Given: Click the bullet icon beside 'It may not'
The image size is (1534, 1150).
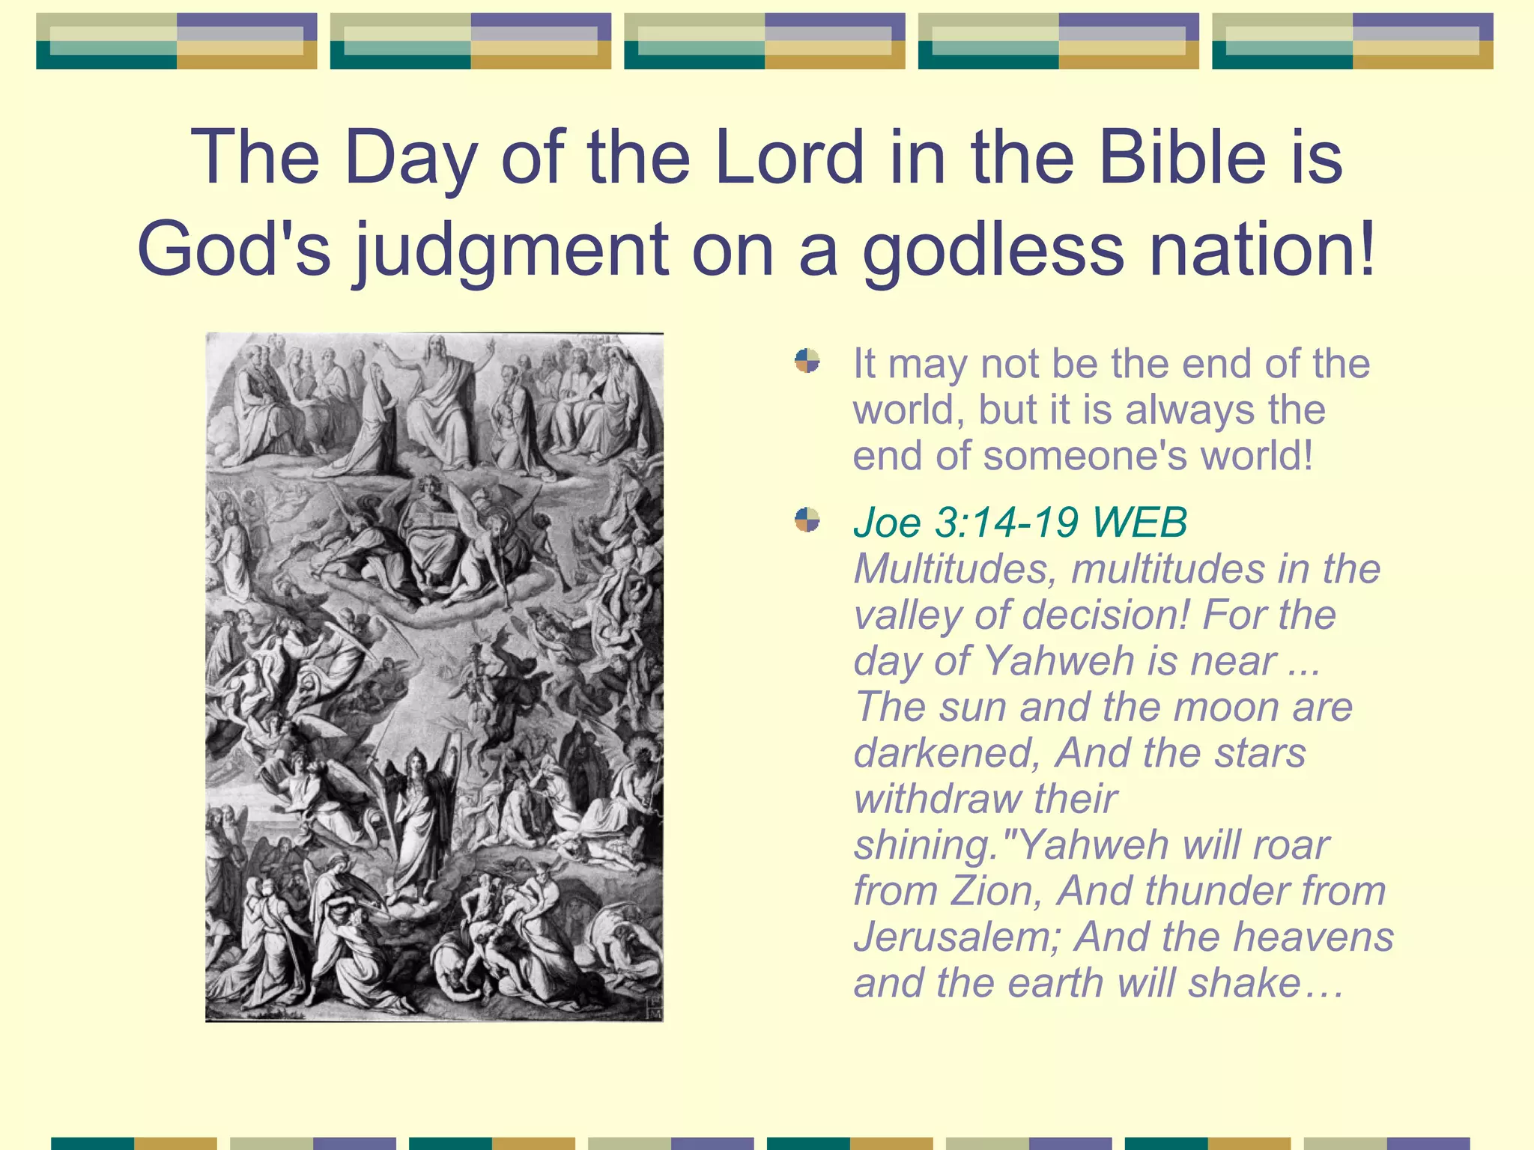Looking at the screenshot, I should point(807,361).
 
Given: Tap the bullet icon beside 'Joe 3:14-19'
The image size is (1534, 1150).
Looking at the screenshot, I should point(807,519).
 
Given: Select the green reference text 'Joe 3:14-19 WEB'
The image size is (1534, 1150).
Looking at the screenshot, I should point(1019,522).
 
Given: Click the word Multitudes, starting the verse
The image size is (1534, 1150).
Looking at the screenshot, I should point(955,569).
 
